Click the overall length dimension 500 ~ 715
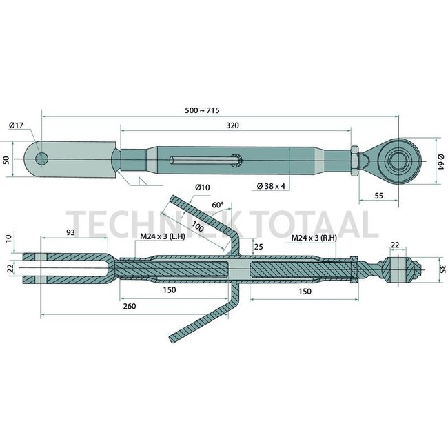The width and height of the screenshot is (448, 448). [x=202, y=110]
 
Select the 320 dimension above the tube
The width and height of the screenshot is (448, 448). [x=232, y=125]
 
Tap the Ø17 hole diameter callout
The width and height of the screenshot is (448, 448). [x=16, y=125]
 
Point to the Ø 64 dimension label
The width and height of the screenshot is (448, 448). [x=440, y=162]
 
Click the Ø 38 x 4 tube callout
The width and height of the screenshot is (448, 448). [x=271, y=186]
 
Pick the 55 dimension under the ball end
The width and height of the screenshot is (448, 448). [x=378, y=196]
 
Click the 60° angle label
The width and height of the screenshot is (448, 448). [x=218, y=205]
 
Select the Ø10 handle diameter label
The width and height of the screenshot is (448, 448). [x=202, y=187]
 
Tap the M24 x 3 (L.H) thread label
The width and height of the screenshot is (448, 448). [x=163, y=236]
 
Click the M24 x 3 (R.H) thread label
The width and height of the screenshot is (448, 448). [x=314, y=238]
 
